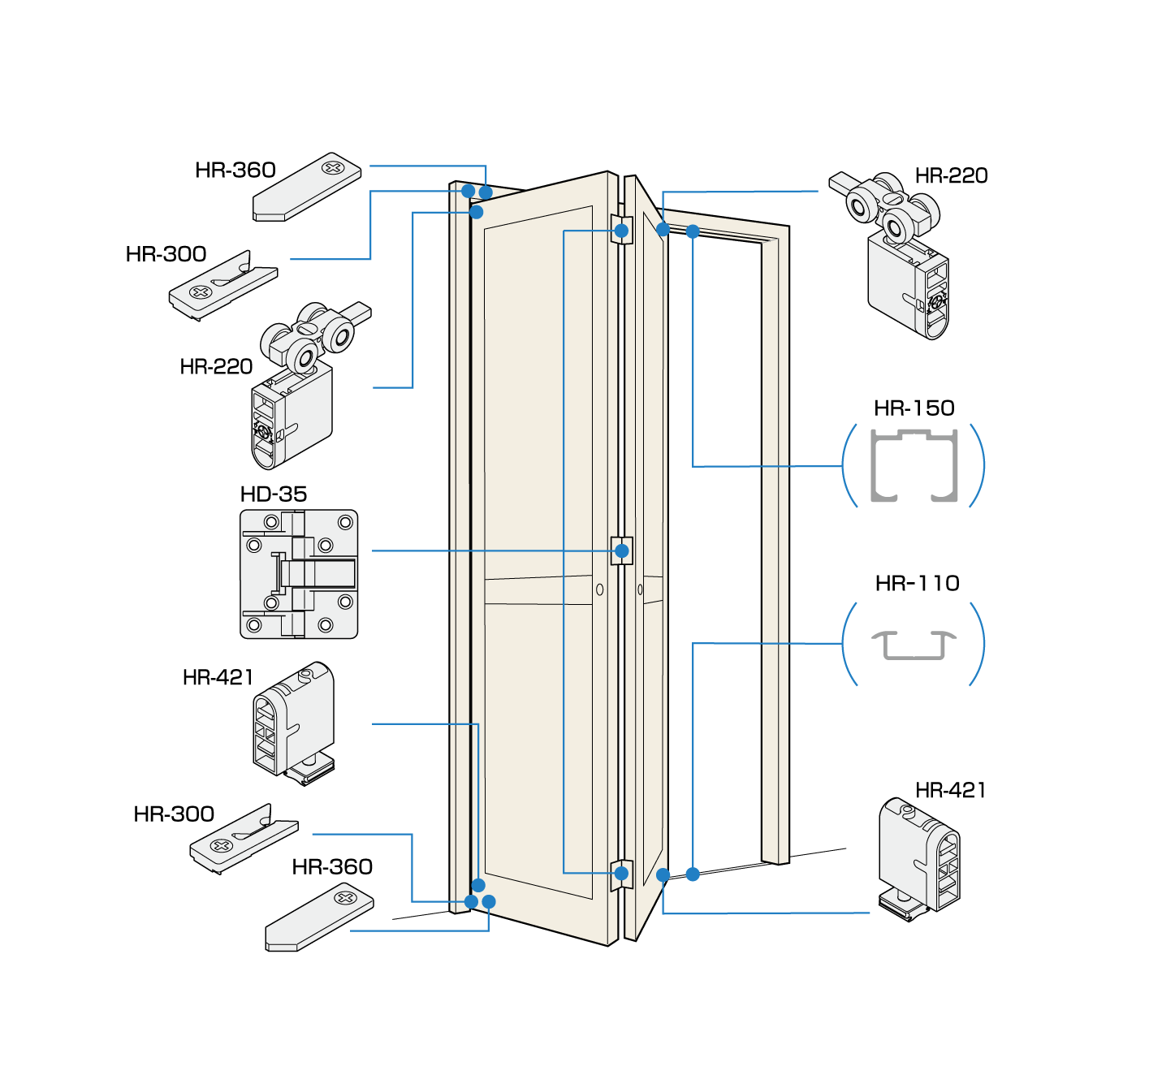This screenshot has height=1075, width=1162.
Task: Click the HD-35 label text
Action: (274, 494)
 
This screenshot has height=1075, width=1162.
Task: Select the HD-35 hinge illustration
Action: (299, 574)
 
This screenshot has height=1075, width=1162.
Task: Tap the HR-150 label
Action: (914, 408)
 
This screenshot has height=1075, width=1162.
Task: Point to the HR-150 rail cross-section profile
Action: (914, 465)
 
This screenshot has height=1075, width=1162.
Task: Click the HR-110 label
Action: (918, 583)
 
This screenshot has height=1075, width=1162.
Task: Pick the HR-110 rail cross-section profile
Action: (914, 645)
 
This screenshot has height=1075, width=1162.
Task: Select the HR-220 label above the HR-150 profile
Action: (951, 175)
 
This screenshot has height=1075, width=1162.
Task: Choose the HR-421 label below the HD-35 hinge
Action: (218, 677)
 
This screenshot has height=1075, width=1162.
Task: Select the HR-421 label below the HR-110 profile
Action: (950, 790)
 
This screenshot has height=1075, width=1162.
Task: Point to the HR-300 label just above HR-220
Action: (166, 254)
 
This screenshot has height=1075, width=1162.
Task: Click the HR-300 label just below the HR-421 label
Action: (174, 814)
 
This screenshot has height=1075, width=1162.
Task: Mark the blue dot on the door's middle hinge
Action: (622, 550)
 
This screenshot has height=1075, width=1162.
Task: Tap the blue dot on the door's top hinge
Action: (622, 231)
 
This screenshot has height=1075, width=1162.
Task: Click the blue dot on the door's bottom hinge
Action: (622, 874)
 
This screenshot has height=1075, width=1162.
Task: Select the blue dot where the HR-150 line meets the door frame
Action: (693, 231)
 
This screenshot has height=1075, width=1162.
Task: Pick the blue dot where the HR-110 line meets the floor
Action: (693, 874)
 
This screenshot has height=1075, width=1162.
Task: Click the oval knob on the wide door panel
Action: (600, 589)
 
